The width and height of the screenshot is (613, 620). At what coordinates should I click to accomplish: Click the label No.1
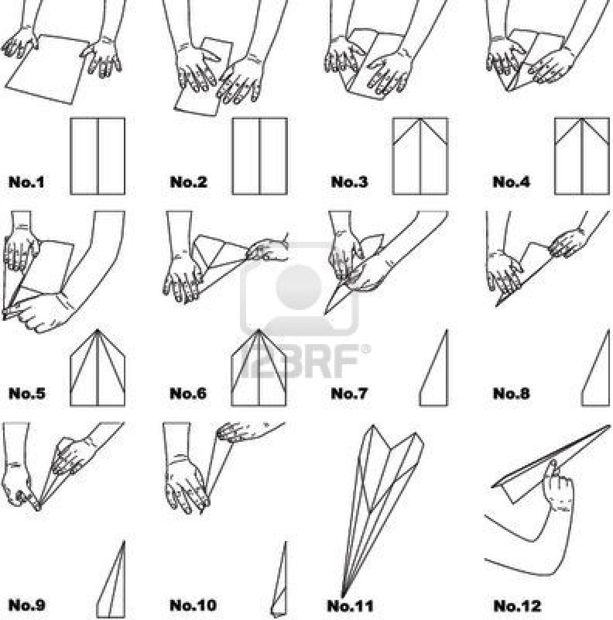click(26, 182)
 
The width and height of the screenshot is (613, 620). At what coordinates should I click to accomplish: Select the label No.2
click(188, 182)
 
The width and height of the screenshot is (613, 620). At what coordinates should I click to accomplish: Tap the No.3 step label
click(349, 182)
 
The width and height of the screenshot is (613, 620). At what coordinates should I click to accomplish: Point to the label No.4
click(511, 182)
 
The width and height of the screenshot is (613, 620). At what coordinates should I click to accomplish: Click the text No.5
click(26, 394)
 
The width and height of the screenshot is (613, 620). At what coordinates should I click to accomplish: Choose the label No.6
click(188, 394)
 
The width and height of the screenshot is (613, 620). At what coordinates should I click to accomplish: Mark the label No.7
click(349, 394)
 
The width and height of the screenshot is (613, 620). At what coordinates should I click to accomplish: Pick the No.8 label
click(511, 394)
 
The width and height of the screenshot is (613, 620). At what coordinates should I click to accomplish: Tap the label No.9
click(26, 605)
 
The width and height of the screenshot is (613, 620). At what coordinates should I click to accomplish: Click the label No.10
click(192, 605)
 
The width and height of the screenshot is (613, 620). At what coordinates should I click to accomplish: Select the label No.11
click(350, 605)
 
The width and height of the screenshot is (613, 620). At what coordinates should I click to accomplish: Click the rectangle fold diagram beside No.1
click(97, 156)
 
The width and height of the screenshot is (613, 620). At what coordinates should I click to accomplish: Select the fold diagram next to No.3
click(420, 156)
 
